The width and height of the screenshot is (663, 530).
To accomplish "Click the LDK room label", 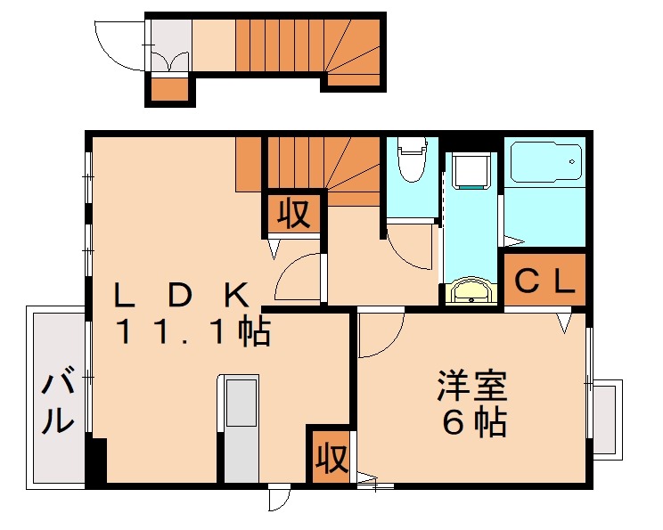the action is click(183, 295).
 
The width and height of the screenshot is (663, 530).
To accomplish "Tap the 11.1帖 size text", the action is click(192, 332).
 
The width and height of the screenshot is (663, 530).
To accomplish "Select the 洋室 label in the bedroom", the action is click(472, 386).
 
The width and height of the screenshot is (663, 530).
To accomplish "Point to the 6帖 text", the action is click(474, 422).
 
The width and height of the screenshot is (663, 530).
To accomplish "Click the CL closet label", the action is click(545, 281).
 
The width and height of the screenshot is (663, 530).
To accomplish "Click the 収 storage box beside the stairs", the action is click(294, 214).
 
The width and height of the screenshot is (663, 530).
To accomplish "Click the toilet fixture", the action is click(412, 159).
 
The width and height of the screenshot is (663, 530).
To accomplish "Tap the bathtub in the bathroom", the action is click(546, 162).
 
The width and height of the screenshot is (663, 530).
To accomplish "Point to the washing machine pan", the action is click(471, 170).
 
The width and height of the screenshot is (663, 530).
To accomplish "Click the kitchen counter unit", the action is click(240, 428).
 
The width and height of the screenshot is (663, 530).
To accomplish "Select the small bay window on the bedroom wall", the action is click(607, 420).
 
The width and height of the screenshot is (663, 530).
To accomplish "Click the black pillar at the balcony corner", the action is click(96, 461).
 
